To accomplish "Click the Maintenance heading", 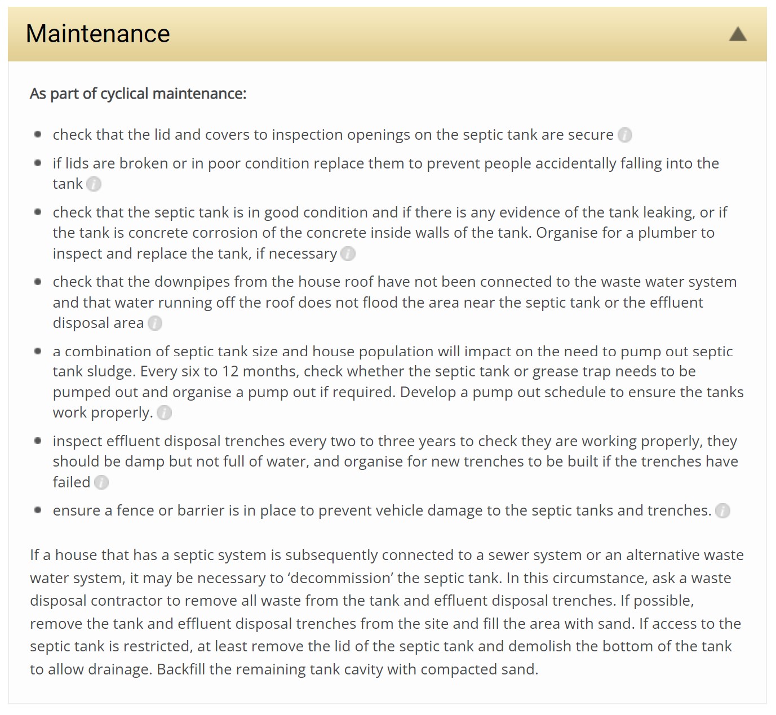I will click(x=97, y=34).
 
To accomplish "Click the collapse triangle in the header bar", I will click(x=738, y=34).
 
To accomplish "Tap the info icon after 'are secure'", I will click(x=625, y=135).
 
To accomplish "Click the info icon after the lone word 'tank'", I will click(x=94, y=184).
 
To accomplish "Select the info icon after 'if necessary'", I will click(x=348, y=254).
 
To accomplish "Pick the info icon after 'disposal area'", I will click(x=155, y=323).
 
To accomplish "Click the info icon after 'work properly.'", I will click(x=164, y=413).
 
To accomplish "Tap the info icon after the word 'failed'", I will click(x=101, y=483).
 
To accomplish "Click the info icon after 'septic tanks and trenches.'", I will click(x=722, y=511).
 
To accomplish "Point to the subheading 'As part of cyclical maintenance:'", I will click(x=138, y=94).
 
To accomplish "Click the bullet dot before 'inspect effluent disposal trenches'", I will click(x=38, y=441).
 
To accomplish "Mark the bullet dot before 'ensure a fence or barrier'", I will click(x=38, y=510).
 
